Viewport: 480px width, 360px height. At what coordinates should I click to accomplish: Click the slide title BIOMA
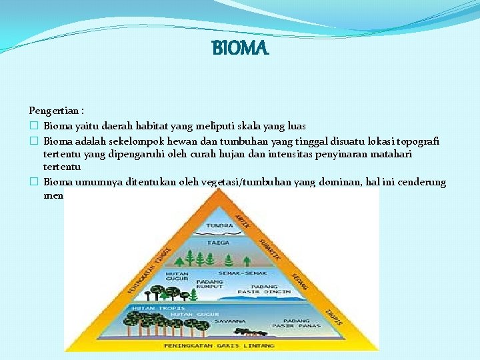(x=240, y=49)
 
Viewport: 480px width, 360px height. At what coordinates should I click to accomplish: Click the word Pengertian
(x=51, y=109)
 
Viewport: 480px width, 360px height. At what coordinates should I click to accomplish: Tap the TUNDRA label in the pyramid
(x=219, y=226)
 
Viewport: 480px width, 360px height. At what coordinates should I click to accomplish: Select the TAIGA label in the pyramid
(x=218, y=243)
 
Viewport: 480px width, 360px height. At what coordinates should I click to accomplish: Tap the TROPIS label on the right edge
(x=333, y=317)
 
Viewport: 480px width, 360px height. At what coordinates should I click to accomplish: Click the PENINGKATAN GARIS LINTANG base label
(x=221, y=345)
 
